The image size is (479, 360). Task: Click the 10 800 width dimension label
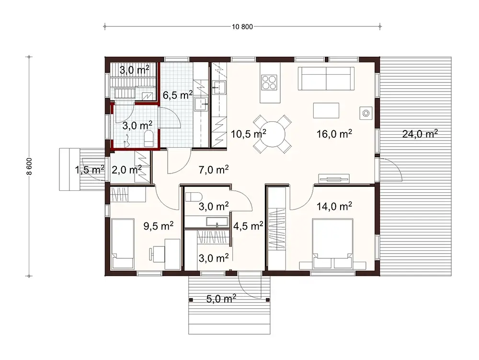[x=242, y=26]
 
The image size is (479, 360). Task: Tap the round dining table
[x=271, y=134]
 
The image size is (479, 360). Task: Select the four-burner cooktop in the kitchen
[x=269, y=82]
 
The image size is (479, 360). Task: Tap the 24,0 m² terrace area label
[x=419, y=134]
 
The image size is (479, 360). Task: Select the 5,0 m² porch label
[x=220, y=300]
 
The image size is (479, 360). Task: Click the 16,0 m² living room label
[x=334, y=134]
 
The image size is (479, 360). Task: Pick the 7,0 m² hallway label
[x=213, y=169]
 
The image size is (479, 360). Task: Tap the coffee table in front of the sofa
[x=326, y=110]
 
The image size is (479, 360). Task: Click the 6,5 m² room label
[x=178, y=95]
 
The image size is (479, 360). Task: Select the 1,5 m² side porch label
[x=89, y=169]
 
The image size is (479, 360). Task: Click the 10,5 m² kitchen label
[x=249, y=134]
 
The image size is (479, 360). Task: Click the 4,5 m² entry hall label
[x=248, y=225]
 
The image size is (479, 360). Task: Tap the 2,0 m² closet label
[x=126, y=169]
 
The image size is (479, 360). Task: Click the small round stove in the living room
[x=366, y=113]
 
